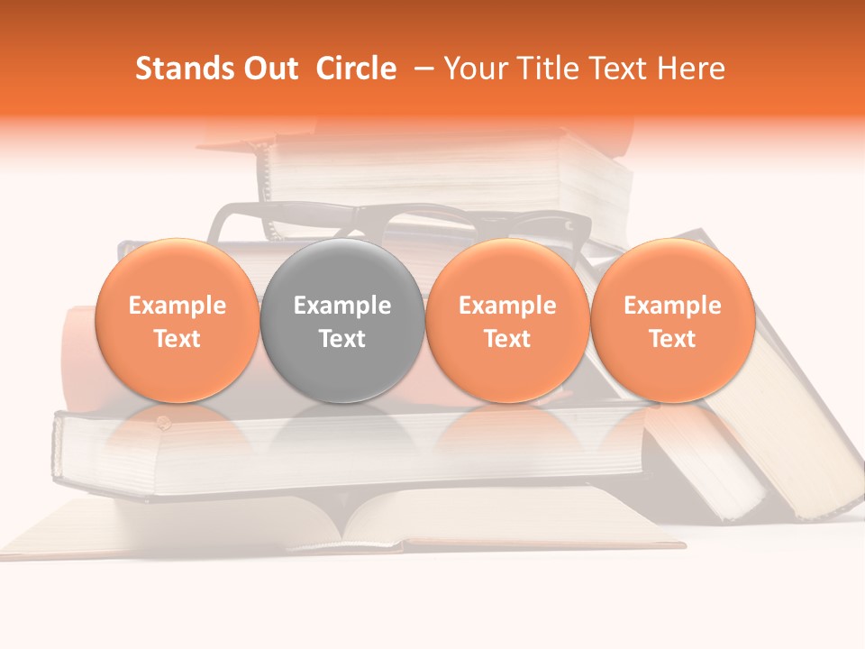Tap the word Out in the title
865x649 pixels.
tap(269, 69)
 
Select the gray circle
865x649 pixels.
tap(342, 321)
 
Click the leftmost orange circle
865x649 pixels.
tap(177, 321)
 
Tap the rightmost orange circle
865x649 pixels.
tap(672, 321)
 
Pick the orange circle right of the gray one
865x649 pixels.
tap(507, 321)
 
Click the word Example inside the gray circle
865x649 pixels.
tap(342, 306)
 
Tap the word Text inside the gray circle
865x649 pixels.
tap(342, 339)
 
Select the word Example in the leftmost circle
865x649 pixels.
tap(177, 306)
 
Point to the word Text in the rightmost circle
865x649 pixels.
tap(672, 339)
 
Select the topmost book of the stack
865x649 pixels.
tap(451, 171)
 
